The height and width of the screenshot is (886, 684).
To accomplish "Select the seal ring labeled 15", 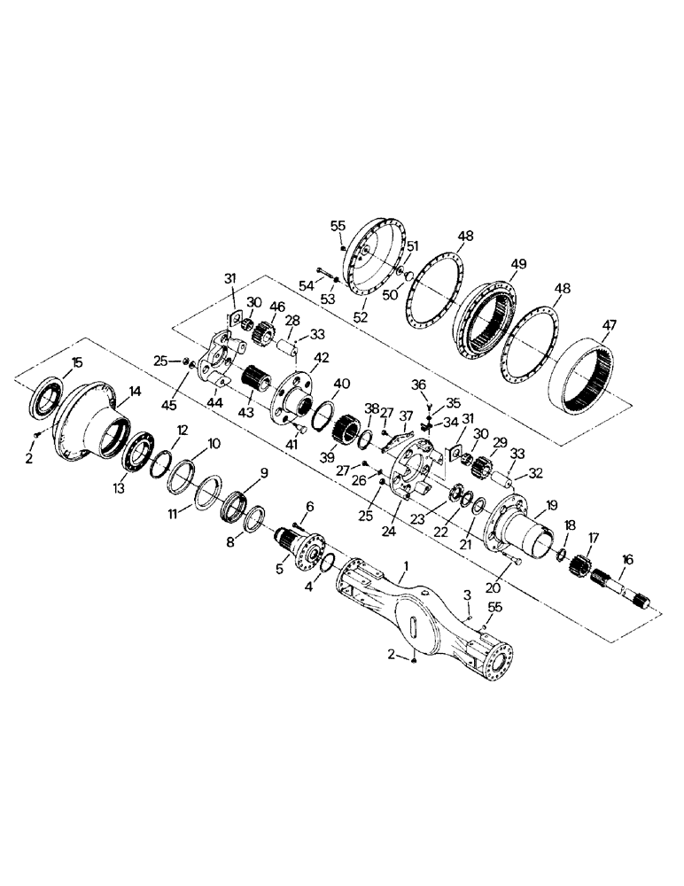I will click(x=46, y=396).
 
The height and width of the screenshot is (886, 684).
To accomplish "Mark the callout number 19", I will click(x=552, y=504).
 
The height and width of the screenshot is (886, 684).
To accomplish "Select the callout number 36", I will click(x=420, y=383).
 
